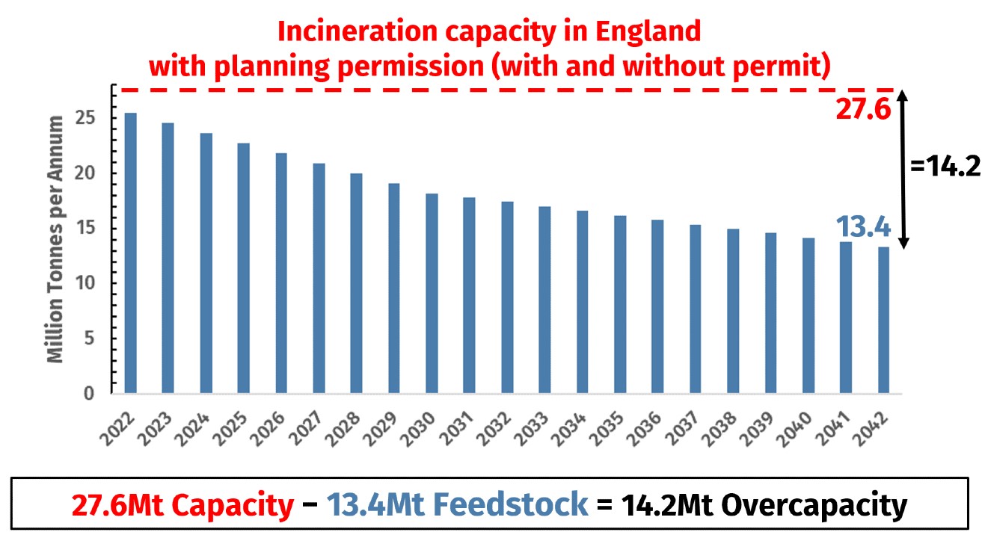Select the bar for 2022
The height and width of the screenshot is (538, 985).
(x=131, y=253)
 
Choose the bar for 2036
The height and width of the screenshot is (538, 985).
(x=657, y=306)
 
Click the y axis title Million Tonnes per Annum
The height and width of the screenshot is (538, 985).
(x=56, y=239)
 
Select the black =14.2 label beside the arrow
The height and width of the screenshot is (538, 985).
(x=945, y=167)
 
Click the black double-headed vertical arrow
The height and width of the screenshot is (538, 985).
(x=903, y=170)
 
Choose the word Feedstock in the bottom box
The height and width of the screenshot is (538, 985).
(x=512, y=506)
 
